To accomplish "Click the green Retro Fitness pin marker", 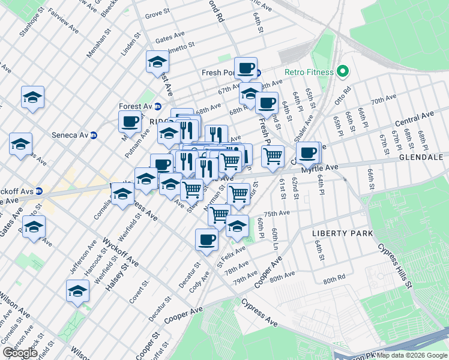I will (x=343, y=73).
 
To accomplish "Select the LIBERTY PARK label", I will (x=342, y=233).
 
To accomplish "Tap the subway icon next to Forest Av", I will (x=158, y=106).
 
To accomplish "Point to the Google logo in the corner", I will (x=20, y=353).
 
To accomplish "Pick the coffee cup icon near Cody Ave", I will (x=206, y=239).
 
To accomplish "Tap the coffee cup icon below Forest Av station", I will (x=129, y=122).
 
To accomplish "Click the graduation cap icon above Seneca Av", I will (x=33, y=97).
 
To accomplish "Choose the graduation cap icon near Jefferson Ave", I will (x=77, y=290).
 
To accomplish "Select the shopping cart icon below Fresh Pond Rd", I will (x=273, y=155).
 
